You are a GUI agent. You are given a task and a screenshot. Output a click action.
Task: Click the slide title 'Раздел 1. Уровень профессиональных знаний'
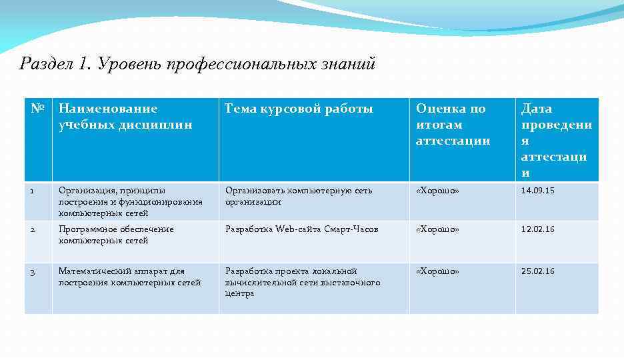pyautogui.click(x=198, y=64)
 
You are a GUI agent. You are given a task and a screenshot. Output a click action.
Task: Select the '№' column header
pyautogui.click(x=38, y=109)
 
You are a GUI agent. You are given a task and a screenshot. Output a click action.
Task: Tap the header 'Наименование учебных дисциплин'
pyautogui.click(x=125, y=117)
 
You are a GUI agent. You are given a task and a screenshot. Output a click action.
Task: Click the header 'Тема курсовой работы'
pyautogui.click(x=299, y=109)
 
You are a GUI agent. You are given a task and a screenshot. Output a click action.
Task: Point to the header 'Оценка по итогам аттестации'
pyautogui.click(x=453, y=125)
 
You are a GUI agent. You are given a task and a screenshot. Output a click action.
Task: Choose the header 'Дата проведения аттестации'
pyautogui.click(x=556, y=141)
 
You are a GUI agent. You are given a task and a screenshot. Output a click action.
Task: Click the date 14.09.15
pyautogui.click(x=537, y=191)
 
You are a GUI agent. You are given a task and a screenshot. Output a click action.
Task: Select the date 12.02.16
pyautogui.click(x=537, y=229)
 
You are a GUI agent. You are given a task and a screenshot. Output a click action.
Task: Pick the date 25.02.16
pyautogui.click(x=537, y=271)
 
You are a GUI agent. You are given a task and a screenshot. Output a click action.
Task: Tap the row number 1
pyautogui.click(x=32, y=191)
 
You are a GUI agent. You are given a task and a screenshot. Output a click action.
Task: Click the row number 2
pyautogui.click(x=32, y=229)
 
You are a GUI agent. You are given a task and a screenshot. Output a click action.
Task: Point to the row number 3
pyautogui.click(x=32, y=271)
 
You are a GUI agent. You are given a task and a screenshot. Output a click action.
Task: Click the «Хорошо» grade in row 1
pyautogui.click(x=437, y=191)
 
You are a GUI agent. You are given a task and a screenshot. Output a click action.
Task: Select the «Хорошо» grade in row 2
pyautogui.click(x=437, y=229)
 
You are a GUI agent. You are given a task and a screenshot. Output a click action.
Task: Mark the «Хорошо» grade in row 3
pyautogui.click(x=437, y=271)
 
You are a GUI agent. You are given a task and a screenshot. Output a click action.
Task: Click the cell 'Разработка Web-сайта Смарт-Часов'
pyautogui.click(x=301, y=229)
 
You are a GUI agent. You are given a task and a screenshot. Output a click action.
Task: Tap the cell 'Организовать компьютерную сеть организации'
pyautogui.click(x=299, y=196)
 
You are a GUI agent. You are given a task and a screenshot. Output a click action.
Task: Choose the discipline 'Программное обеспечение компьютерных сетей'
pyautogui.click(x=116, y=235)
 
